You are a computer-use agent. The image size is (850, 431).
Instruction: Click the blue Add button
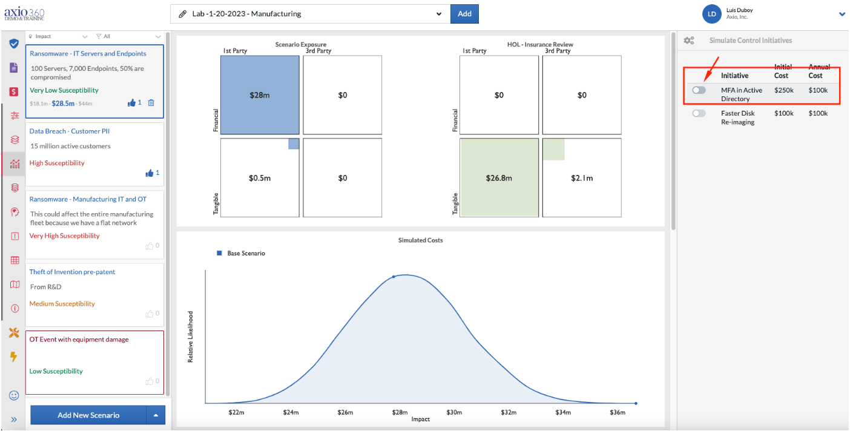tap(464, 14)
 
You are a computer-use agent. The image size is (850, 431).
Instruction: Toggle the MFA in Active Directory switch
tap(699, 90)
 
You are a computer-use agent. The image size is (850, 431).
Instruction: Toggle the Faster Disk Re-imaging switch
tap(699, 113)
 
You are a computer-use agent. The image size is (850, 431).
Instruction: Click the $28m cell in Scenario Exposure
tap(260, 95)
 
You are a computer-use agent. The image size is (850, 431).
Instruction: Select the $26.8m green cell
tap(499, 177)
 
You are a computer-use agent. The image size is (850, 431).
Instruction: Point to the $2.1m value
tap(582, 178)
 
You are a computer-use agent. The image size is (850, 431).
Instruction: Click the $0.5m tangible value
tap(260, 178)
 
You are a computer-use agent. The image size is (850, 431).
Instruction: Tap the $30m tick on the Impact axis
tap(454, 412)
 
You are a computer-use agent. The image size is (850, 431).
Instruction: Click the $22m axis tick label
tap(236, 412)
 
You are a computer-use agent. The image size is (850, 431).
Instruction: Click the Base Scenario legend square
tap(219, 253)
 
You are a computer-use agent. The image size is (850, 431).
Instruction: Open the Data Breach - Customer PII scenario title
tap(70, 131)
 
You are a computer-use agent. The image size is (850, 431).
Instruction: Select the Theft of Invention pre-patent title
tap(72, 272)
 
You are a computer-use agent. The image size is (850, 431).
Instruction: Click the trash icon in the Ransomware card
tap(151, 102)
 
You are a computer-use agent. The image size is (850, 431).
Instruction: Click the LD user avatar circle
tap(711, 14)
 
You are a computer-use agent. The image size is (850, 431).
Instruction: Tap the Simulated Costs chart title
tap(420, 240)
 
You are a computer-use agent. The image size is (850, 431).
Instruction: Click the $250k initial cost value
tap(783, 90)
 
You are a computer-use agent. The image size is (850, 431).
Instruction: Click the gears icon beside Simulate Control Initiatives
tap(689, 40)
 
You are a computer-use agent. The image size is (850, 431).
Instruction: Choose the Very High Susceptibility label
tap(65, 235)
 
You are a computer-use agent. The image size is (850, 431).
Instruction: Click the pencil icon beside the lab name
tap(182, 14)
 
